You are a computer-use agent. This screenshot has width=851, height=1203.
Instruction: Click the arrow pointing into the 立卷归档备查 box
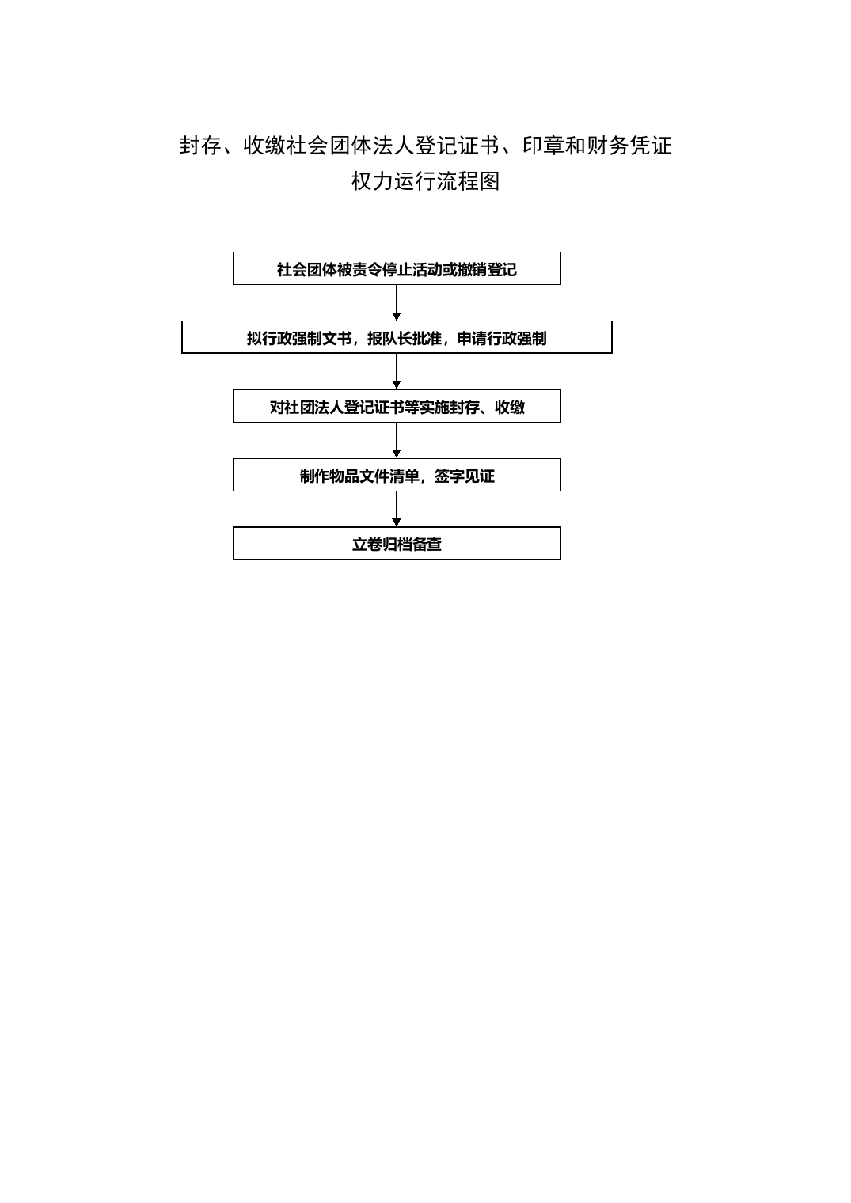[x=397, y=509]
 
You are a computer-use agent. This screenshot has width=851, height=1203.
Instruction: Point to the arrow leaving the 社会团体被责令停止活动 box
[x=397, y=303]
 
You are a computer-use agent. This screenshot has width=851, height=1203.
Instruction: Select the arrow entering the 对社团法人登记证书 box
[x=397, y=372]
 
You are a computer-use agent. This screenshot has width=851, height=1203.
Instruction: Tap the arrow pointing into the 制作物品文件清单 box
[x=397, y=440]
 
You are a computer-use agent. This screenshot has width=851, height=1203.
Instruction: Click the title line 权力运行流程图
[x=426, y=181]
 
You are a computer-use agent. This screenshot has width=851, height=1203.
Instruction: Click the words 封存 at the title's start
[x=199, y=146]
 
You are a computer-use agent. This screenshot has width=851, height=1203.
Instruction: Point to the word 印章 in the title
[x=543, y=146]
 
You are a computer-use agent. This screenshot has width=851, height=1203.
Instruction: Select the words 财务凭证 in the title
[x=629, y=146]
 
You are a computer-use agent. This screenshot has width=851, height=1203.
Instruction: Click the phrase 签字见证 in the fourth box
[x=464, y=476]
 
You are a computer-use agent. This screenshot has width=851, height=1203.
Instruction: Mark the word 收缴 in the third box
[x=510, y=407]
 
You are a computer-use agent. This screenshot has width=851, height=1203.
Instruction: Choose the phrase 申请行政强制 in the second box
[x=502, y=339]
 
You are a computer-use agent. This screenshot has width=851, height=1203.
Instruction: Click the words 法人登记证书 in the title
[x=436, y=146]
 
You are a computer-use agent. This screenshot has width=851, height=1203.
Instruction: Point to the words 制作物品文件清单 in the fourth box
[x=359, y=476]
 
